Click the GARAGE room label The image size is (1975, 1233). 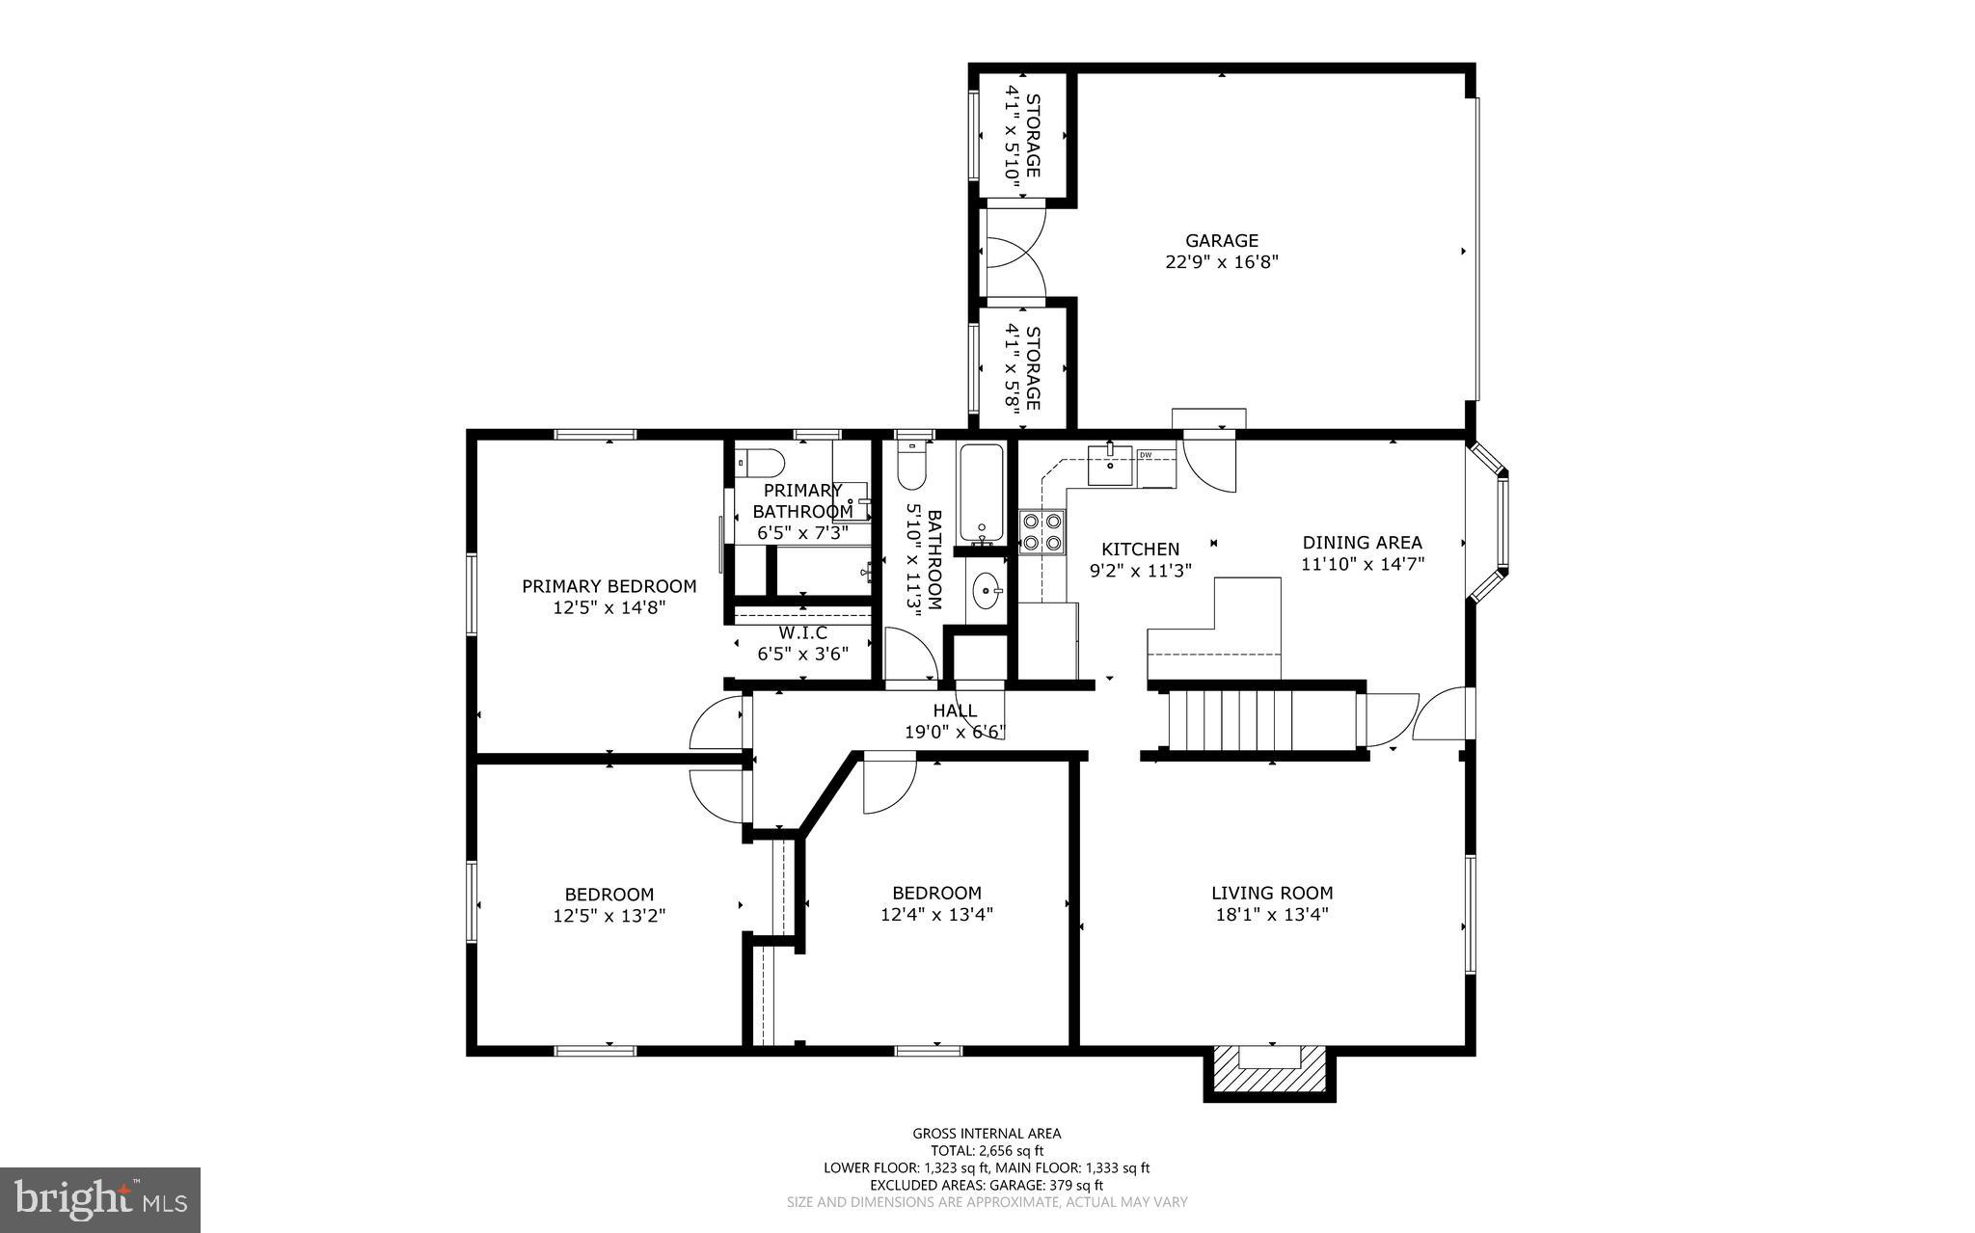tap(1222, 241)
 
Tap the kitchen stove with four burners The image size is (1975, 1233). tap(1042, 533)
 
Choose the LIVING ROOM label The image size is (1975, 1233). tap(1272, 894)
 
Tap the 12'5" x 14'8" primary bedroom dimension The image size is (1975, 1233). tap(609, 607)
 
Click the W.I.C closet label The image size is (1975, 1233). tap(802, 633)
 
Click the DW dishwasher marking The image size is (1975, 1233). tap(1146, 455)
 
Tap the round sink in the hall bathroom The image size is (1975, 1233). tap(986, 591)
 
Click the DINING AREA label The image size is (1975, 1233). tap(1363, 543)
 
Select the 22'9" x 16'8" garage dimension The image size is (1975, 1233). tap(1222, 262)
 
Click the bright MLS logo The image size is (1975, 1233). tap(100, 1199)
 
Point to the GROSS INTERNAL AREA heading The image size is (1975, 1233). tap(987, 1134)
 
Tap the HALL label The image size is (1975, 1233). tap(955, 710)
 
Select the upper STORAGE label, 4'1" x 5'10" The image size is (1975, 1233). tap(1023, 136)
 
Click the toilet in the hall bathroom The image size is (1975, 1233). tap(911, 465)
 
